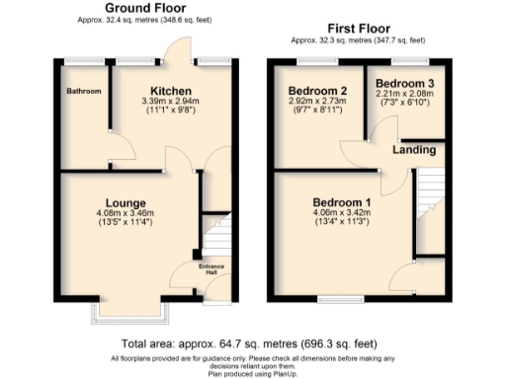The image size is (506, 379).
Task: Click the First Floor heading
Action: point(359,29)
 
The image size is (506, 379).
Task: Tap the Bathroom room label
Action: point(83,92)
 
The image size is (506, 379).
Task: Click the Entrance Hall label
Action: point(184,269)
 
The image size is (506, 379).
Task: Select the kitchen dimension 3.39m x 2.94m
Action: point(157,101)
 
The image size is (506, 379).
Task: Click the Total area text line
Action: point(252,343)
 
